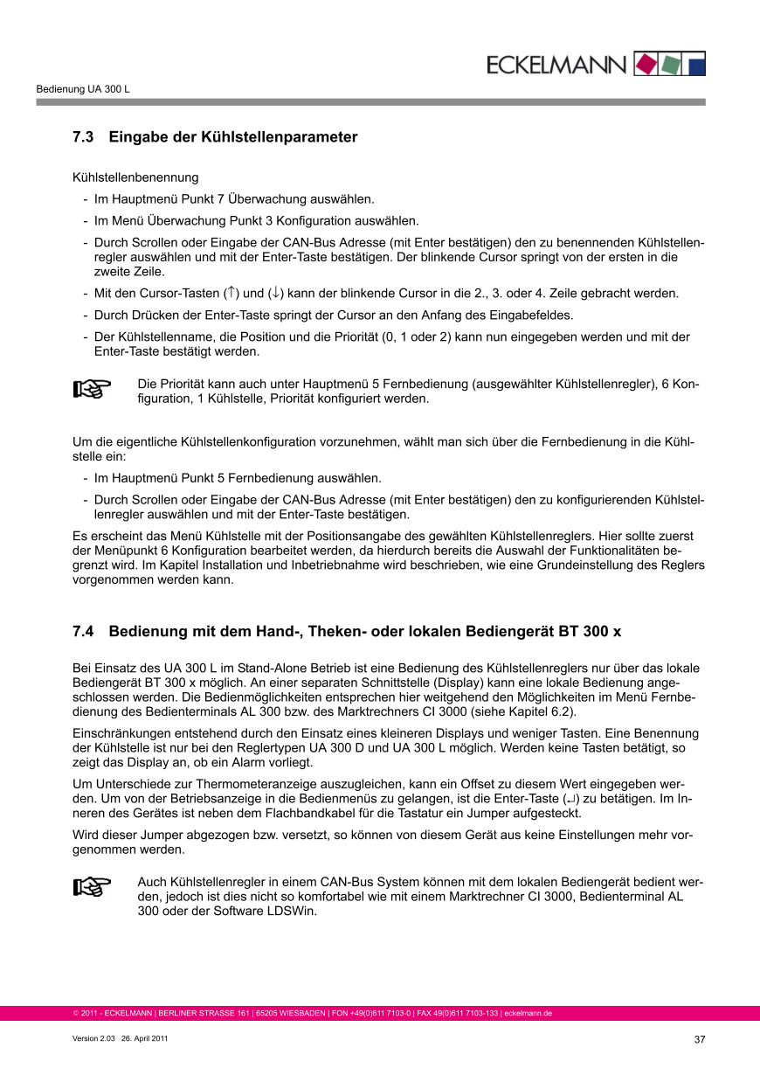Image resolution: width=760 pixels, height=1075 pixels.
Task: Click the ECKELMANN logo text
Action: click(x=556, y=65)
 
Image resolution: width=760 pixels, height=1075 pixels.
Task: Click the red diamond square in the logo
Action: click(x=645, y=64)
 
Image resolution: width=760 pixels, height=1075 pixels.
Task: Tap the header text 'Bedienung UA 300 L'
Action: click(x=83, y=89)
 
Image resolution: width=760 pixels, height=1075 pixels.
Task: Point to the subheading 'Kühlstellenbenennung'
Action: click(x=135, y=177)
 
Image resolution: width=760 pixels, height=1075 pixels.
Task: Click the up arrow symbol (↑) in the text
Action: click(x=231, y=293)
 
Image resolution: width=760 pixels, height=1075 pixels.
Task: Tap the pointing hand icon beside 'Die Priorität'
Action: click(x=92, y=390)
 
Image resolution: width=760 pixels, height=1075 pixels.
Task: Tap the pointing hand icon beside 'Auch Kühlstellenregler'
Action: click(x=92, y=887)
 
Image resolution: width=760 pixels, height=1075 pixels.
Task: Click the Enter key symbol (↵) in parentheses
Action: click(x=571, y=800)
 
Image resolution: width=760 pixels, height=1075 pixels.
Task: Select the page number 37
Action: click(x=699, y=1039)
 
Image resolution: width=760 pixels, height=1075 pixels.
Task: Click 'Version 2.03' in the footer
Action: click(x=93, y=1038)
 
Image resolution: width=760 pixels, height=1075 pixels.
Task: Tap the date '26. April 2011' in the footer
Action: click(x=144, y=1038)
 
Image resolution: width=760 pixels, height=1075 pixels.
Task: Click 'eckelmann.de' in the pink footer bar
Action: click(x=529, y=1014)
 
